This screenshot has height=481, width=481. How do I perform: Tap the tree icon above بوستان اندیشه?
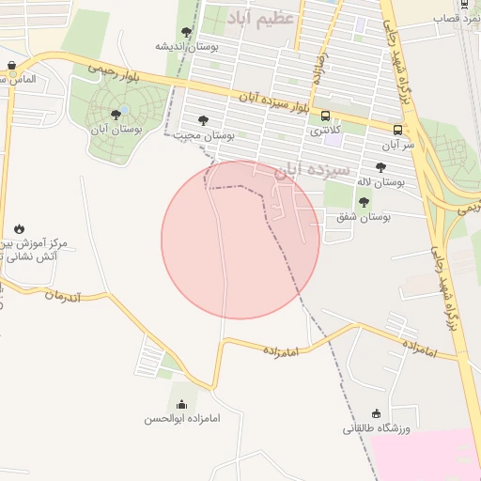point(186,32)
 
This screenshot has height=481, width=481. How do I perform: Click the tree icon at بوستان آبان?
point(116,115)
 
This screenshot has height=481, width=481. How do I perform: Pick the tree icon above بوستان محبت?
point(203,120)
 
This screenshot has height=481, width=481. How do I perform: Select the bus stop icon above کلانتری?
point(325,116)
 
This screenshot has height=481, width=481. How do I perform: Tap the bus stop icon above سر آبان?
point(397,130)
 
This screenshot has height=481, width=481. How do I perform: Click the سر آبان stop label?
point(397,145)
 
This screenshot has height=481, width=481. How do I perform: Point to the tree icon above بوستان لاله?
point(380,167)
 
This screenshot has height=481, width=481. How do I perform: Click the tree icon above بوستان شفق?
point(364,202)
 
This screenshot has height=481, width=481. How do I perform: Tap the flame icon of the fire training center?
point(20,228)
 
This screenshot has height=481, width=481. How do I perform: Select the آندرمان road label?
point(64,296)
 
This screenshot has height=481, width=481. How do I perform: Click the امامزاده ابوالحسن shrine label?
point(181,418)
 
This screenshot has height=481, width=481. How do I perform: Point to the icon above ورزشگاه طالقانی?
point(377,413)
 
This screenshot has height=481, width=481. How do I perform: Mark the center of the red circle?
point(240,240)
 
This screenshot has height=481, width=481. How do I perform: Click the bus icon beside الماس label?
point(11,66)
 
